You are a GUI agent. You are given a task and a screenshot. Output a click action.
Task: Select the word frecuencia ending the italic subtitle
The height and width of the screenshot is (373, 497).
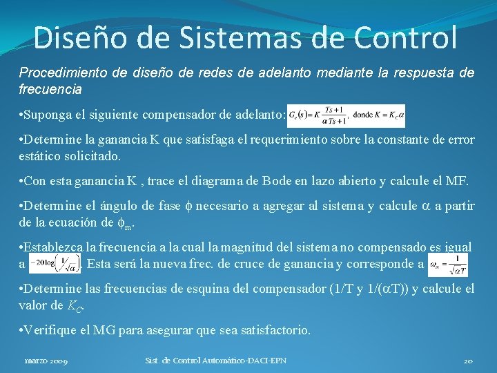point(50,89)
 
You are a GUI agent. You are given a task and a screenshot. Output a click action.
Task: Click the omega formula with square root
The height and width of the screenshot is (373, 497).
point(448,264)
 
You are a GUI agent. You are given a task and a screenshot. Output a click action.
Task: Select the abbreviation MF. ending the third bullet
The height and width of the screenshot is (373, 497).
point(457,182)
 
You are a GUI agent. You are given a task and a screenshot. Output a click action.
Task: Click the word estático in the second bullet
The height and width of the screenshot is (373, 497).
point(39,155)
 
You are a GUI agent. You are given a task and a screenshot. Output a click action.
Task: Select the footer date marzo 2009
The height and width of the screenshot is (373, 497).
point(46,361)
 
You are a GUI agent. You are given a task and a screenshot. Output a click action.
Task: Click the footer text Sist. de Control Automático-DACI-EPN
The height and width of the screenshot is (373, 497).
point(216,361)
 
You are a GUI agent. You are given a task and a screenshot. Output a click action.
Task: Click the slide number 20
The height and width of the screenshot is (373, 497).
point(467,361)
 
